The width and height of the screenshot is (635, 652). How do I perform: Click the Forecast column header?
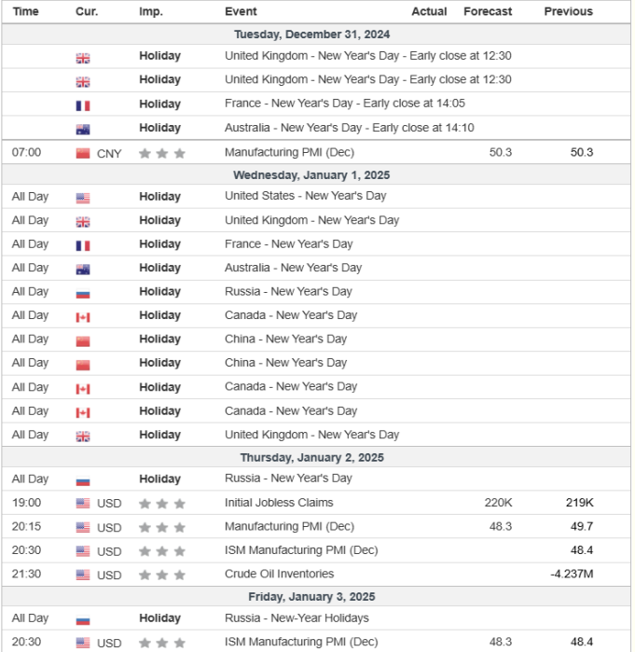click(x=488, y=11)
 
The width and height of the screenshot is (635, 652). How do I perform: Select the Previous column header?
click(x=568, y=11)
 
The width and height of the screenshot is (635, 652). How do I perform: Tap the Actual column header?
click(x=429, y=11)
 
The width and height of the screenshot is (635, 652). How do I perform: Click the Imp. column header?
click(x=150, y=11)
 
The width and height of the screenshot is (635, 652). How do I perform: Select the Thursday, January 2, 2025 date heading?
click(x=311, y=457)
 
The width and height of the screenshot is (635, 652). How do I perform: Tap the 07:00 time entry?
click(x=26, y=152)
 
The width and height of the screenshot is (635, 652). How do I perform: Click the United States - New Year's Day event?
click(x=305, y=196)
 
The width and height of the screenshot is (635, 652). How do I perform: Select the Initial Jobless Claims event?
click(x=279, y=502)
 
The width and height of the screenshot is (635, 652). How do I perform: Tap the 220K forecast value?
click(x=498, y=502)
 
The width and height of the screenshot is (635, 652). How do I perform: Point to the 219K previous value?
click(x=579, y=502)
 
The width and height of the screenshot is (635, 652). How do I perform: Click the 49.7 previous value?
click(x=582, y=526)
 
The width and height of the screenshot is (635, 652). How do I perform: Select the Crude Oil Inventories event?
click(x=279, y=574)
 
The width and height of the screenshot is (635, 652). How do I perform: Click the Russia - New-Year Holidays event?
click(x=297, y=617)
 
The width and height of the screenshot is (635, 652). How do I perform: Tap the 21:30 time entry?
click(x=26, y=574)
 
